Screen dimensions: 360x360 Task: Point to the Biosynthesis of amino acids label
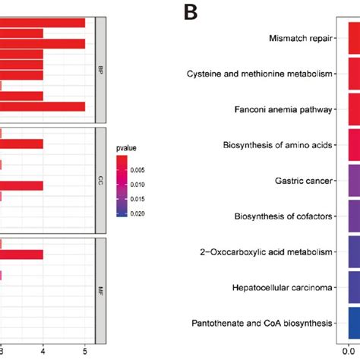(278, 145)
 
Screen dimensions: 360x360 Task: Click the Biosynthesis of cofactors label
(283, 216)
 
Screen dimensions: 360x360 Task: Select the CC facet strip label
(99, 182)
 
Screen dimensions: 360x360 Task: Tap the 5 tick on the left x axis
(85, 351)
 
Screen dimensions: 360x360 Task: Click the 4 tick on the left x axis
(43, 351)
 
